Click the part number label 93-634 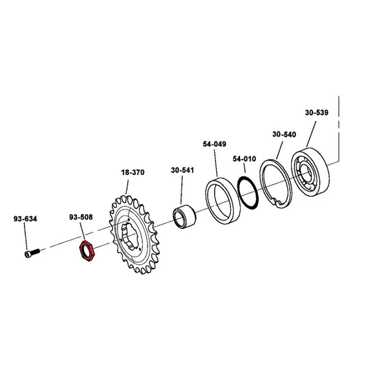(x=25, y=219)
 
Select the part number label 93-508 (x=81, y=217)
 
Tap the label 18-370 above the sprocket (x=133, y=172)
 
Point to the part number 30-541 (x=182, y=170)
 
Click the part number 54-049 (x=215, y=144)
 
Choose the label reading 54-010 (x=245, y=159)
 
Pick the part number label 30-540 (x=285, y=134)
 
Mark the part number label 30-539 (x=316, y=112)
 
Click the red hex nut (x=88, y=252)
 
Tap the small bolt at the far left (x=32, y=253)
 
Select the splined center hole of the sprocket (x=130, y=237)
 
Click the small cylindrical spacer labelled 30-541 (x=184, y=216)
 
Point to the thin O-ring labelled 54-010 (x=248, y=193)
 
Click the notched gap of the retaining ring (x=277, y=201)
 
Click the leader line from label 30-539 (x=311, y=134)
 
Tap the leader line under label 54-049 (x=215, y=163)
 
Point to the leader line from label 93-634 (x=25, y=237)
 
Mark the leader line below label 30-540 (x=279, y=150)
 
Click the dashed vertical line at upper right (x=339, y=128)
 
